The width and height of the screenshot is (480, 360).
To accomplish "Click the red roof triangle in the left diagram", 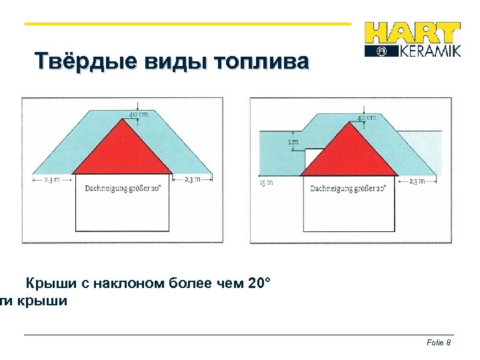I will [x=122, y=149].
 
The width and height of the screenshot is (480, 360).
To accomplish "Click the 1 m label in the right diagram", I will [x=292, y=141].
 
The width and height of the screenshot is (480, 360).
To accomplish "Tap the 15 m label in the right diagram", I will [x=265, y=182].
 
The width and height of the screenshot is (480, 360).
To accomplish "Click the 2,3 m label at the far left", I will [x=51, y=179].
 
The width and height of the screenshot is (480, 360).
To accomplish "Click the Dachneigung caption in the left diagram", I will [x=123, y=188].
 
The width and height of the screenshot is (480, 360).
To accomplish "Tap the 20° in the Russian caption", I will [x=259, y=284].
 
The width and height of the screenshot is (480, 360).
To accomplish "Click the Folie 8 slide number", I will [x=439, y=342].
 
